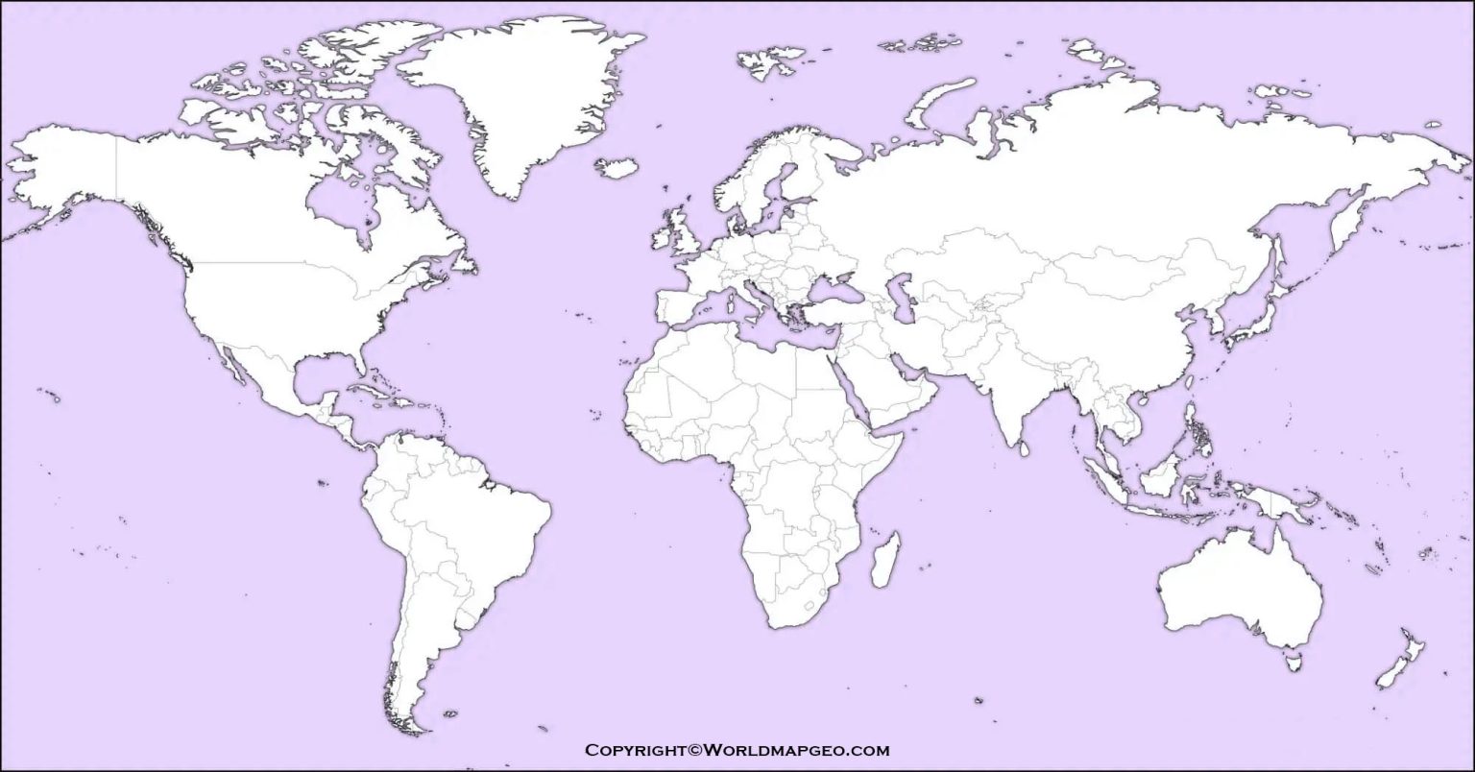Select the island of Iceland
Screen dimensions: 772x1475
(617, 168)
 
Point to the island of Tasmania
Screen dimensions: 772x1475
(1294, 661)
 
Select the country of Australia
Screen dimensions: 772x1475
(1239, 586)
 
